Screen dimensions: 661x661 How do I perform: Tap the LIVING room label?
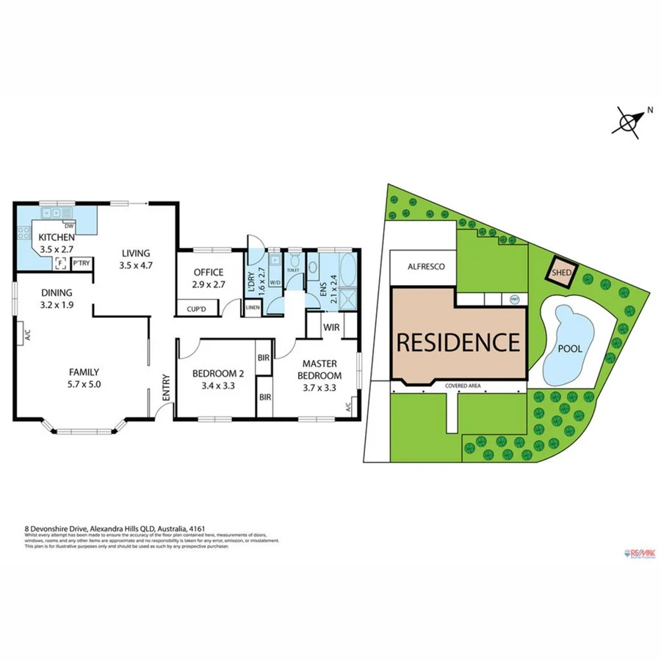pos(137,253)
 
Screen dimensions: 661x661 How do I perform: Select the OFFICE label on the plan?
pos(208,272)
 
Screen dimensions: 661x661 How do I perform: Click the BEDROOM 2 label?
pos(212,372)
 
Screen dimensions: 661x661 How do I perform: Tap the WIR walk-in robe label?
pos(330,327)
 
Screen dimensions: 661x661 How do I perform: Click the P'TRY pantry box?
pos(81,263)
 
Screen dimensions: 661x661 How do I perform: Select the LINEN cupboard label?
pos(252,307)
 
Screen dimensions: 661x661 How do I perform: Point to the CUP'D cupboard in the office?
pos(196,309)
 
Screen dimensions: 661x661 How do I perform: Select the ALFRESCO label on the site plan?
pos(426,268)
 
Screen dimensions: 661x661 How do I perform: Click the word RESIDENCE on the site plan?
pos(458,342)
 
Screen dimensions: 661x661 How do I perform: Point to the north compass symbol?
pos(629,121)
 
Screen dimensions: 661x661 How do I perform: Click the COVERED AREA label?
pos(462,385)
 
